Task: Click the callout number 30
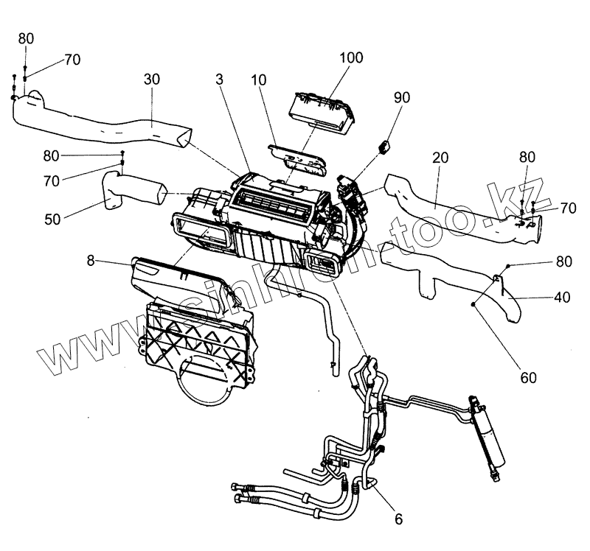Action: click(x=150, y=79)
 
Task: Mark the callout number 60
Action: click(x=528, y=377)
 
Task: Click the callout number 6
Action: click(x=398, y=519)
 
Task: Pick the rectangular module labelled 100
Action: click(x=323, y=113)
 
